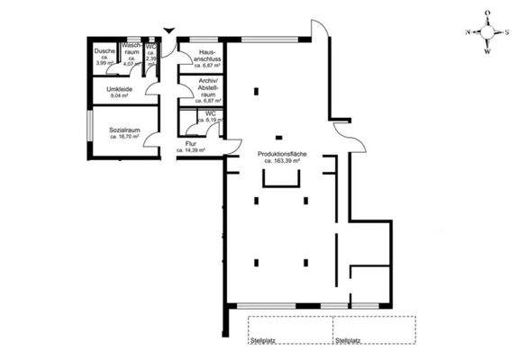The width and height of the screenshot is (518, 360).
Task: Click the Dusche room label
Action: click(x=105, y=51)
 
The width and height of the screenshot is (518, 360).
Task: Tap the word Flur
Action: click(x=192, y=143)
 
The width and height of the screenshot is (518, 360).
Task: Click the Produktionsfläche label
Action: click(x=282, y=155)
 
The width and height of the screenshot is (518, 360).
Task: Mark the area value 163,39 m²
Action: click(x=283, y=161)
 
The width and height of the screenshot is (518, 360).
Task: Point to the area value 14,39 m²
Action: click(x=193, y=150)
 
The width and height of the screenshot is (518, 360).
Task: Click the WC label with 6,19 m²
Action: click(x=208, y=113)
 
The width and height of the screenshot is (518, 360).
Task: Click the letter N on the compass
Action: click(x=468, y=31)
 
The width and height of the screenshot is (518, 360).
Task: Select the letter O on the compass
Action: click(x=487, y=13)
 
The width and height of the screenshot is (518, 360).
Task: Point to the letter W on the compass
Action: click(x=487, y=50)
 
